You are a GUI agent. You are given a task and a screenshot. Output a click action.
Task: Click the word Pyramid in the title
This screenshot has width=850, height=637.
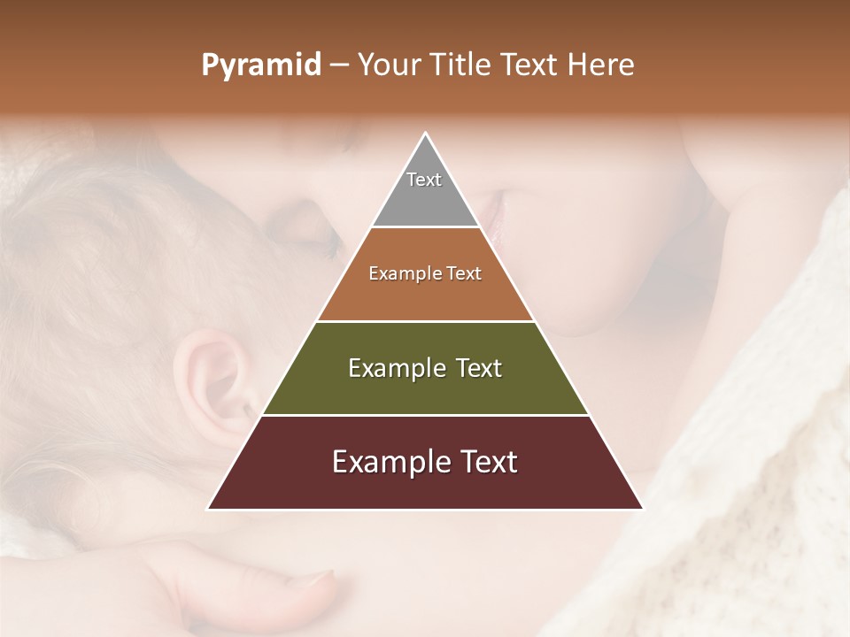260,65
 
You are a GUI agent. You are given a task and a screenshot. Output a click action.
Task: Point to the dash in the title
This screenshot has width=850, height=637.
338,65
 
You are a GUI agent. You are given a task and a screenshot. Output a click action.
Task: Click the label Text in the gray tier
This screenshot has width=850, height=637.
424,180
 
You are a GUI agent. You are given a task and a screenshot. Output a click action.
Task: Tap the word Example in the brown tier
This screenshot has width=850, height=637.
403,274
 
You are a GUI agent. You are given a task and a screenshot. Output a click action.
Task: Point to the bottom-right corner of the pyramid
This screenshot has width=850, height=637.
642,509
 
